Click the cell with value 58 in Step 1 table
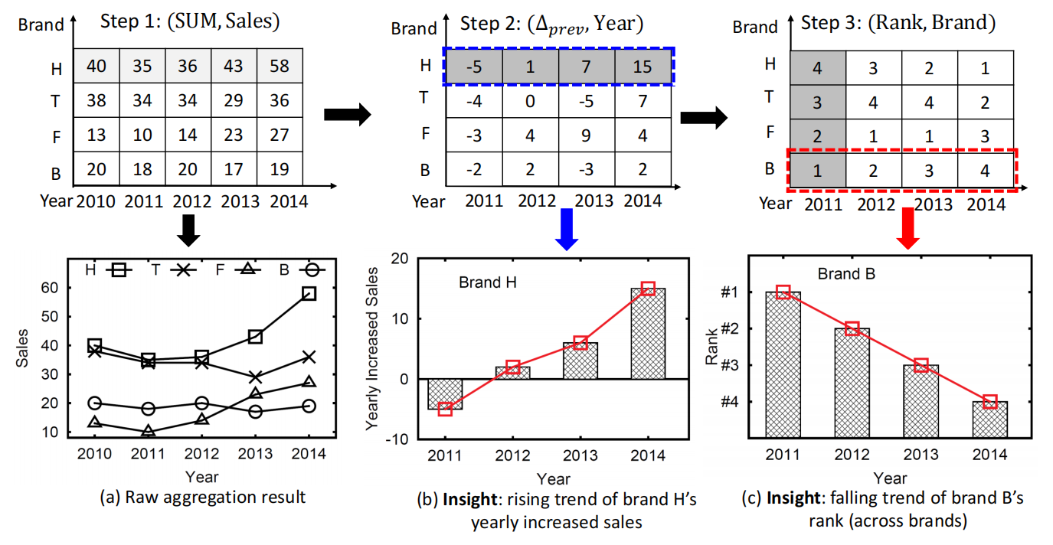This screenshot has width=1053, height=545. pyautogui.click(x=280, y=66)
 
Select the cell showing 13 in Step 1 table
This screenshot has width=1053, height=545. pyautogui.click(x=96, y=135)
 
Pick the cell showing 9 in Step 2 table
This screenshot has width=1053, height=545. pyautogui.click(x=584, y=135)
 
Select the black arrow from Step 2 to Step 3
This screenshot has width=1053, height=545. pyautogui.click(x=703, y=116)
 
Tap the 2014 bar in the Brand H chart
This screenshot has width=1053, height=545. pyautogui.click(x=648, y=333)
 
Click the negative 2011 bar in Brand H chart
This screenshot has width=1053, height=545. pyautogui.click(x=445, y=393)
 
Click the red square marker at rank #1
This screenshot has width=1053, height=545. pyautogui.click(x=783, y=292)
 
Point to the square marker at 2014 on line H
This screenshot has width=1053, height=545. pyautogui.click(x=309, y=293)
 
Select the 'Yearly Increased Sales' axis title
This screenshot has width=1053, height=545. pyautogui.click(x=373, y=348)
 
